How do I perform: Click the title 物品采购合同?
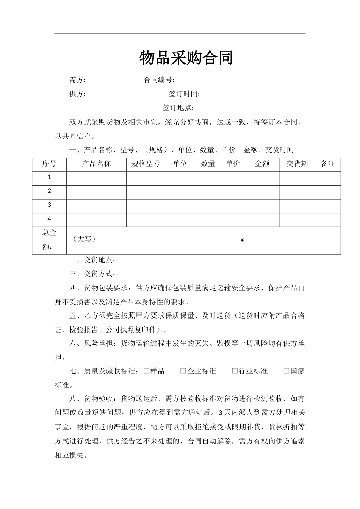[x=186, y=58]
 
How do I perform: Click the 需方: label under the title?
[x=77, y=80]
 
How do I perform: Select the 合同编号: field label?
[x=159, y=80]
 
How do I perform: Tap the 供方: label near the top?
[x=77, y=94]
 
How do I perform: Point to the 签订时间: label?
[x=184, y=94]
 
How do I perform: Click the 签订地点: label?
[x=178, y=108]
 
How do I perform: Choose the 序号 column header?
[x=49, y=164]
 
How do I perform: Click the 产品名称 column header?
[x=96, y=164]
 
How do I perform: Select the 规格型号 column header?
[x=146, y=164]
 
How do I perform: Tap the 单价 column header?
[x=233, y=164]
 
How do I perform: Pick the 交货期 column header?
[x=297, y=164]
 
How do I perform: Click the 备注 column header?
[x=328, y=164]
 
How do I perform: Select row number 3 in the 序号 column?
[x=49, y=205]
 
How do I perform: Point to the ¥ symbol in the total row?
[x=242, y=240]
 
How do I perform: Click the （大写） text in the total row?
[x=84, y=239]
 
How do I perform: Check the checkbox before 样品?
[x=146, y=371]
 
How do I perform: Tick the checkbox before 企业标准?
[x=183, y=371]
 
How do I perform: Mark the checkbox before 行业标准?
[x=235, y=371]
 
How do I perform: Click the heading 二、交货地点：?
[x=92, y=260]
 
